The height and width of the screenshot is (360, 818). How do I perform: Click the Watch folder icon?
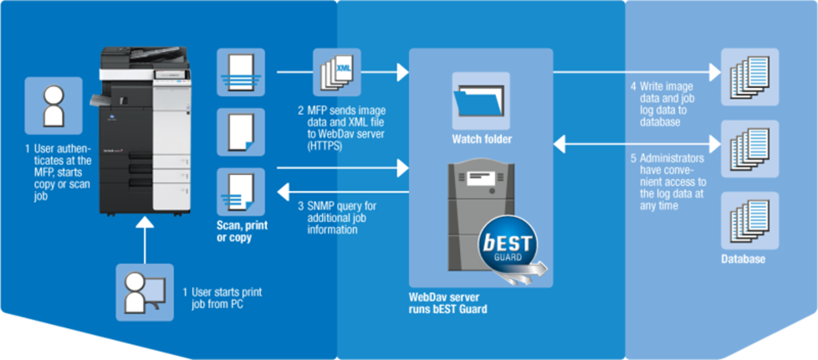(x=481, y=100)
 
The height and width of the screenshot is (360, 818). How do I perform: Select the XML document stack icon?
(x=336, y=72)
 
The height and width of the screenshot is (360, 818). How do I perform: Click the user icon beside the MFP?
(x=53, y=106)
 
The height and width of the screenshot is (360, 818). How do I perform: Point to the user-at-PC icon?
(x=144, y=292)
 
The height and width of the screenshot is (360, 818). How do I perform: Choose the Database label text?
(x=743, y=259)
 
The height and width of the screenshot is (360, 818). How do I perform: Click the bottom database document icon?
(x=750, y=220)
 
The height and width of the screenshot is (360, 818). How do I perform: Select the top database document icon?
(x=750, y=76)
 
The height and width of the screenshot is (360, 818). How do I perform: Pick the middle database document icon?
(x=750, y=148)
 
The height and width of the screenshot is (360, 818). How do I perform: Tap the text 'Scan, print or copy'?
(x=242, y=231)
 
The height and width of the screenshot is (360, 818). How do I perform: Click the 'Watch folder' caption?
(x=482, y=139)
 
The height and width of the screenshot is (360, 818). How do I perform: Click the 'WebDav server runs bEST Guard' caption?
(x=448, y=303)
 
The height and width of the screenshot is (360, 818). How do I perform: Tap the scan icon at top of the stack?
(x=241, y=72)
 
